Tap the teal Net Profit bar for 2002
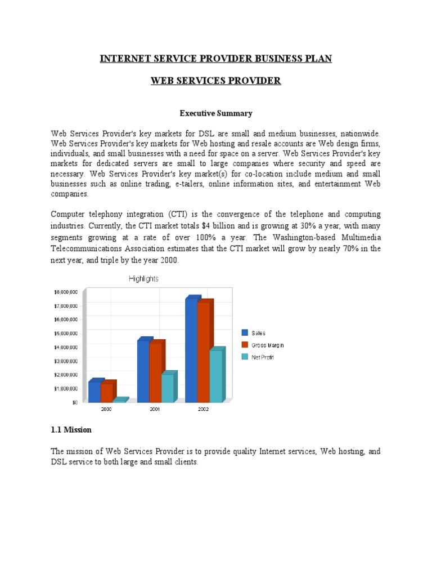pyautogui.click(x=216, y=376)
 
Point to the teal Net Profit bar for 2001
pyautogui.click(x=168, y=388)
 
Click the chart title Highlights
pyautogui.click(x=143, y=278)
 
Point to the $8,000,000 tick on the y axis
pyautogui.click(x=66, y=292)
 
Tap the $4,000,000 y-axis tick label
pyautogui.click(x=66, y=347)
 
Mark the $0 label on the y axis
pyautogui.click(x=74, y=402)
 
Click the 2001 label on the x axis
pyautogui.click(x=155, y=410)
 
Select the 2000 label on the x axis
pyautogui.click(x=106, y=410)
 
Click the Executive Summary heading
pyautogui.click(x=216, y=113)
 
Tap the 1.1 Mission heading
pyautogui.click(x=71, y=429)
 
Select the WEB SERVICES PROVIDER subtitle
pyautogui.click(x=216, y=81)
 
